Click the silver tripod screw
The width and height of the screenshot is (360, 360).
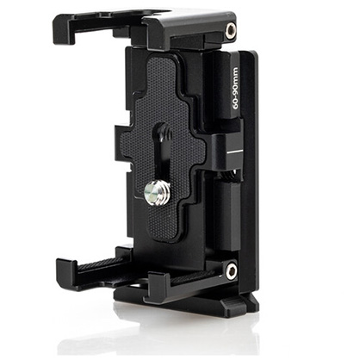tap(157, 195)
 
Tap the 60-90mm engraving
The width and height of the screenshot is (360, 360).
tap(235, 88)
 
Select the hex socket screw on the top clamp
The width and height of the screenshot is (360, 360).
tap(231, 31)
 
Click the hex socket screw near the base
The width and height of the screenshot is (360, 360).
tap(231, 270)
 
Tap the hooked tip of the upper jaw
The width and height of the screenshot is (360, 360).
tap(62, 28)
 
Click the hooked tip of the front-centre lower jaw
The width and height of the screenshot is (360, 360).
tap(158, 287)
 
